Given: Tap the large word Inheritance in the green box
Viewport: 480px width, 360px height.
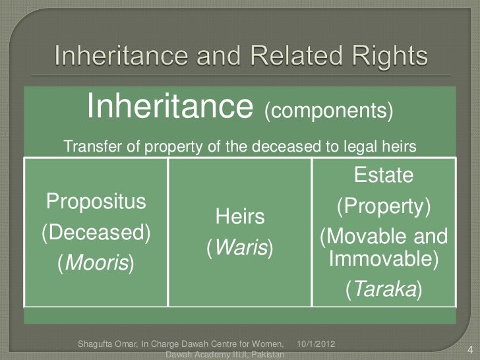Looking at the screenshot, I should coord(171,106).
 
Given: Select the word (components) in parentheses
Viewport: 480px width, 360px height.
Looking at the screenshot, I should coord(328,110).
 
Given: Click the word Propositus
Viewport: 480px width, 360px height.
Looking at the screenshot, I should coord(95,200).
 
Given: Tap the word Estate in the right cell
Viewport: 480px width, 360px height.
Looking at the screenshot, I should coord(384,176).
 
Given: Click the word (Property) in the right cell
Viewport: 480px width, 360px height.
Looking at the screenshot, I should coord(384,207).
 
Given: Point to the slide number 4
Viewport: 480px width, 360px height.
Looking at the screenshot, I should coord(469,349).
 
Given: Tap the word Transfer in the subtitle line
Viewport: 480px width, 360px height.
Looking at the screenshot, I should coord(87,147).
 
